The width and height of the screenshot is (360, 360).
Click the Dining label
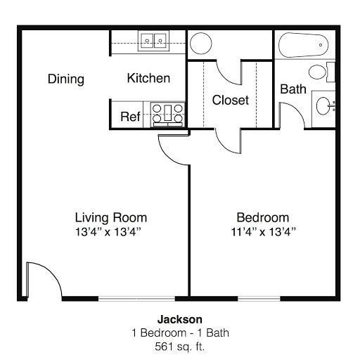pos(66,79)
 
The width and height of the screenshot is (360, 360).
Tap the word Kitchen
pos(148,78)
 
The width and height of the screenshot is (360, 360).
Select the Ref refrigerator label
pos(130,117)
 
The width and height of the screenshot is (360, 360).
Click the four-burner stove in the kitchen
pos(167,115)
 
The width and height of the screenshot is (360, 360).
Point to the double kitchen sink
pos(153,41)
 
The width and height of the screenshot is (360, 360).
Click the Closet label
pos(231,100)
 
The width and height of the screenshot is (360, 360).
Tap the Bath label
pos(293,89)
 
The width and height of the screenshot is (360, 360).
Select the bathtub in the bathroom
pos(303,45)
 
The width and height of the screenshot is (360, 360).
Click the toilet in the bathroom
pos(321,72)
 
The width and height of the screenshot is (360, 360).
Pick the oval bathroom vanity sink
pos(323,105)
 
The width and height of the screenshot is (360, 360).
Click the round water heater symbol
pos(201,44)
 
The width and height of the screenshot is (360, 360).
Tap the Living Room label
pos(111,217)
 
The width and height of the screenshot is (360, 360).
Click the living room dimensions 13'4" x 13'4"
pos(108,232)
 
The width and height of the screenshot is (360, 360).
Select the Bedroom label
pos(263,217)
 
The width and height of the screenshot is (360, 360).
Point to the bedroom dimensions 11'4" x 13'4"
pos(263,232)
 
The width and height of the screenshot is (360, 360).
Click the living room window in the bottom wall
pos(136,299)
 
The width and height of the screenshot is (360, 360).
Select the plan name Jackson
pos(180,319)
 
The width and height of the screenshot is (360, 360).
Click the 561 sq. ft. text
pos(180,347)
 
